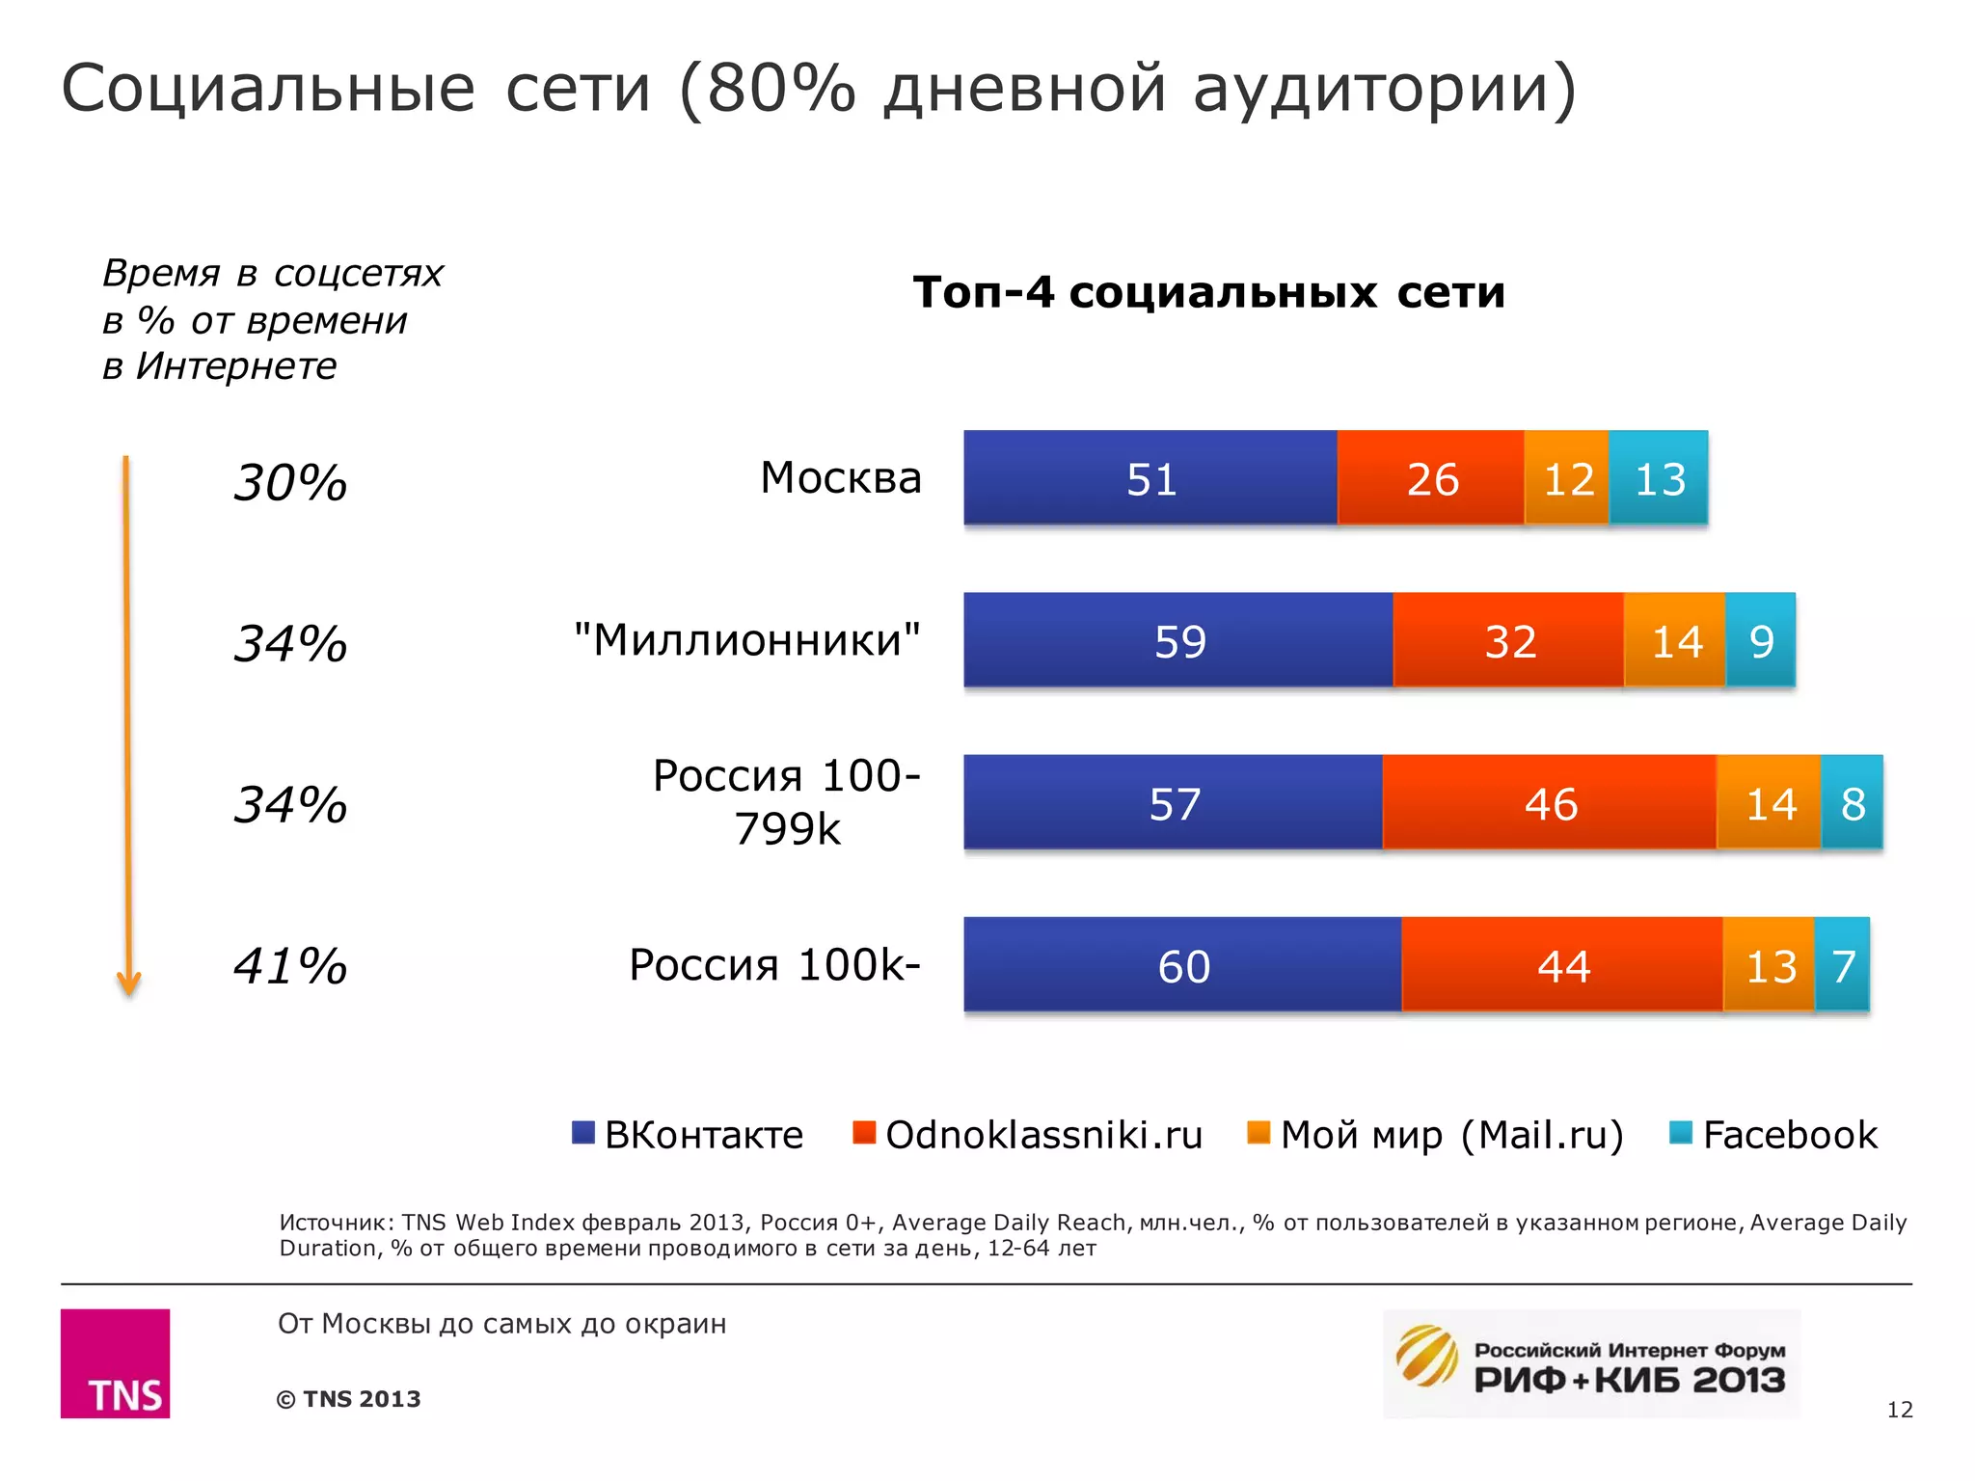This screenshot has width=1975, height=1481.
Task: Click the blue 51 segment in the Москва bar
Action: pos(1150,478)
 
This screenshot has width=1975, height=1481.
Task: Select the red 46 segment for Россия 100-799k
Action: pos(1550,802)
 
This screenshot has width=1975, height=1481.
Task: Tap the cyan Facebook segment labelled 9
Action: pos(1760,640)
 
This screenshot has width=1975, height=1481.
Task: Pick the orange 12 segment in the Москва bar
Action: pos(1567,478)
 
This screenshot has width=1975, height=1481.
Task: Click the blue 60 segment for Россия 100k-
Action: pos(1182,964)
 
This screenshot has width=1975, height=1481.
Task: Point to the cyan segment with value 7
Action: pos(1842,964)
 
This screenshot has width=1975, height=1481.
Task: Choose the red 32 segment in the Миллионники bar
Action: pos(1509,640)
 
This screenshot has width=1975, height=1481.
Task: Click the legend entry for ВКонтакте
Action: pos(688,1135)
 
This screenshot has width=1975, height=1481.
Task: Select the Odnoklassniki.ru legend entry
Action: pos(1028,1135)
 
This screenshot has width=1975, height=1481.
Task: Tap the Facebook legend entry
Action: pos(1774,1135)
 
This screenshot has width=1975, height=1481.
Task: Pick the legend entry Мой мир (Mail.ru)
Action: pos(1437,1135)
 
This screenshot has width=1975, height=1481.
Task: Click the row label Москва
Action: pos(841,478)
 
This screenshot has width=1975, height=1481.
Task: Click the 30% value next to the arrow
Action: pos(290,482)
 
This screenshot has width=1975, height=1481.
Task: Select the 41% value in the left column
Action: pos(290,965)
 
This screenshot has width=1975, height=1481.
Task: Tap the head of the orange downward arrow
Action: pos(128,983)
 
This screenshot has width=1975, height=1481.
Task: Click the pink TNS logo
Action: pos(115,1362)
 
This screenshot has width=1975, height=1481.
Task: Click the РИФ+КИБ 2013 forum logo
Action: pos(1591,1363)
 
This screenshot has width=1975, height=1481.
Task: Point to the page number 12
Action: pos(1899,1410)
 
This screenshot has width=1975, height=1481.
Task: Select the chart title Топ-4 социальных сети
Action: pos(1208,291)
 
